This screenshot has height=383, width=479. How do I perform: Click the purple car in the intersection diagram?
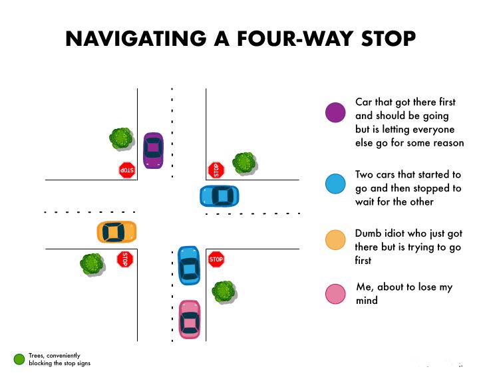click(153, 150)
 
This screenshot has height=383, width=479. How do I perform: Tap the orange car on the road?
click(116, 232)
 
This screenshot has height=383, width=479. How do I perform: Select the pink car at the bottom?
click(190, 319)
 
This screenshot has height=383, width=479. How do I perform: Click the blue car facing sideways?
click(220, 196)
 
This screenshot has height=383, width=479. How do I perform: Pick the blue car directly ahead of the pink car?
click(189, 265)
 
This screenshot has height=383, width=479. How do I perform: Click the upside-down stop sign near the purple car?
click(127, 170)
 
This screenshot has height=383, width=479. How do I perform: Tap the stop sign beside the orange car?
click(125, 259)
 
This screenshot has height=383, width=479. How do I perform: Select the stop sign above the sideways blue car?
click(216, 170)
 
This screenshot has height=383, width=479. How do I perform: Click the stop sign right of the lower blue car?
click(216, 259)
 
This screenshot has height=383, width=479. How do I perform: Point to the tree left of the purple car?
click(122, 139)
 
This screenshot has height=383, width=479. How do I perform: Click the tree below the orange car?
click(92, 265)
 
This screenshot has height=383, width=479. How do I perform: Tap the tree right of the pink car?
click(224, 292)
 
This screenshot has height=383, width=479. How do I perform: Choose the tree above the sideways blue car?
click(244, 164)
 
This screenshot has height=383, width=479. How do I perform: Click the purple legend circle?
click(335, 112)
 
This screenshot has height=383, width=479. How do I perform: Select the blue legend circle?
click(335, 184)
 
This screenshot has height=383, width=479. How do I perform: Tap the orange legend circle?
click(335, 240)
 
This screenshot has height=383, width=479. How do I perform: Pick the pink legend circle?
click(335, 294)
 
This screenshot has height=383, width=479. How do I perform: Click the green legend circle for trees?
click(19, 359)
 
